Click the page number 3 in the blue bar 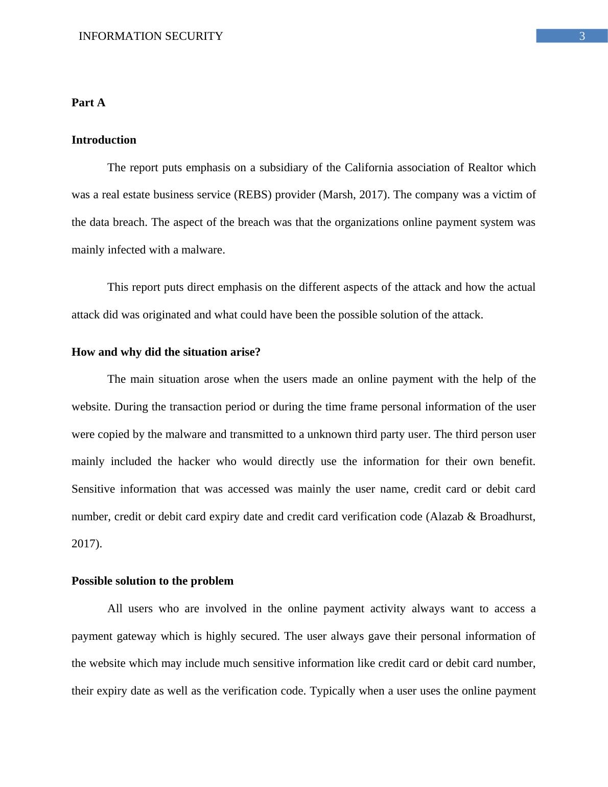pyautogui.click(x=581, y=36)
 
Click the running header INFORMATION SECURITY pyautogui.click(x=151, y=36)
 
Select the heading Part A pyautogui.click(x=88, y=103)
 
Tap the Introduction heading pyautogui.click(x=104, y=140)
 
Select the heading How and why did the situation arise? pyautogui.click(x=166, y=352)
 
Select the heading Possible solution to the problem pyautogui.click(x=152, y=581)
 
